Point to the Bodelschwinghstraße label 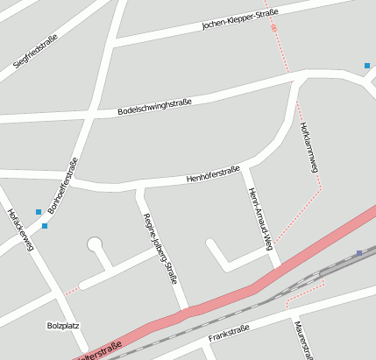coord(154,109)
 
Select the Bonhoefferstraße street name coord(63,185)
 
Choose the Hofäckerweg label coord(19,229)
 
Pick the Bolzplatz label coord(63,326)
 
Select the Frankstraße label coord(229,333)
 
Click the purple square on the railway coord(359,253)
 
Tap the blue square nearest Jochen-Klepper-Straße coord(367,66)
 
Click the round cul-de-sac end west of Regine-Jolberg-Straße coord(95,244)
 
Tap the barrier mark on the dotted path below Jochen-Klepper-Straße coord(273,28)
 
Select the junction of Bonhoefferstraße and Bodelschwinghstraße coord(91,116)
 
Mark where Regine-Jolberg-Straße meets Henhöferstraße coord(138,187)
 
